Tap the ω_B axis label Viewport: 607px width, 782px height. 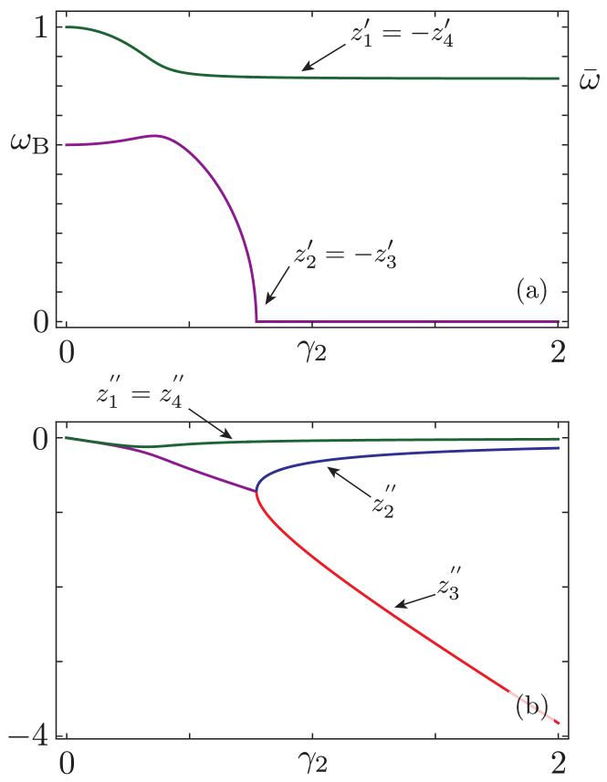click(28, 145)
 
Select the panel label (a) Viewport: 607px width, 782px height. click(532, 291)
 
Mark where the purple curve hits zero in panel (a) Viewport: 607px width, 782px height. click(256, 320)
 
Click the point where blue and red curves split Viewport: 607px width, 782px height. click(256, 492)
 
